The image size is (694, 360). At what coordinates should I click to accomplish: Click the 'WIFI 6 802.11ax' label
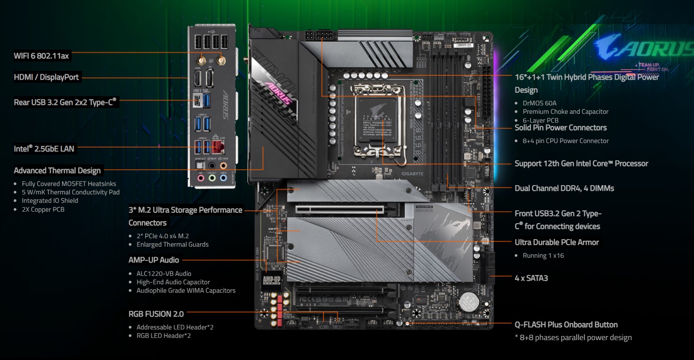[x=41, y=56]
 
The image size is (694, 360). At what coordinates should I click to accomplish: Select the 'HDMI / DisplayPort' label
[x=46, y=77]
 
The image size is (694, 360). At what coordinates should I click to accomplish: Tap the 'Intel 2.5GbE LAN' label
[x=44, y=149]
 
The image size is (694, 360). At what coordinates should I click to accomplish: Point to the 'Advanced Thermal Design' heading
[x=57, y=170]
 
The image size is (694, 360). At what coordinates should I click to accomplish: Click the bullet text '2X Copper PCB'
[x=43, y=209]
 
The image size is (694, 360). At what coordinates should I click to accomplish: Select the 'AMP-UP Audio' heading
[x=154, y=260]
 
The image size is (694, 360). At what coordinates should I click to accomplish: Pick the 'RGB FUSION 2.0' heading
[x=156, y=314]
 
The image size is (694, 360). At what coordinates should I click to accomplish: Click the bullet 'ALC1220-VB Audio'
[x=164, y=274]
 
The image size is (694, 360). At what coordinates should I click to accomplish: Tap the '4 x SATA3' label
[x=531, y=278]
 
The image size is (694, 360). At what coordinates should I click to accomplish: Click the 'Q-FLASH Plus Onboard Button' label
[x=566, y=325]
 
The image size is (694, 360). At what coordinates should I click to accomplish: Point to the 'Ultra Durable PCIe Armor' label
[x=556, y=242]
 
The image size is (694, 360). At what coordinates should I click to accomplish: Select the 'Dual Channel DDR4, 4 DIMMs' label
[x=564, y=188]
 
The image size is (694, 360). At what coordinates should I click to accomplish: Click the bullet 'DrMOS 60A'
[x=539, y=103]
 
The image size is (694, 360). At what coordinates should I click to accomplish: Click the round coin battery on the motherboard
[x=468, y=302]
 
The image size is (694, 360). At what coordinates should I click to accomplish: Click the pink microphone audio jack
[x=200, y=178]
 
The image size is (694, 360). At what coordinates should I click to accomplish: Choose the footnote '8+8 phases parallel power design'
[x=575, y=337]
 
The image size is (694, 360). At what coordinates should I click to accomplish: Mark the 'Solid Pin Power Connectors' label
[x=560, y=128]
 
